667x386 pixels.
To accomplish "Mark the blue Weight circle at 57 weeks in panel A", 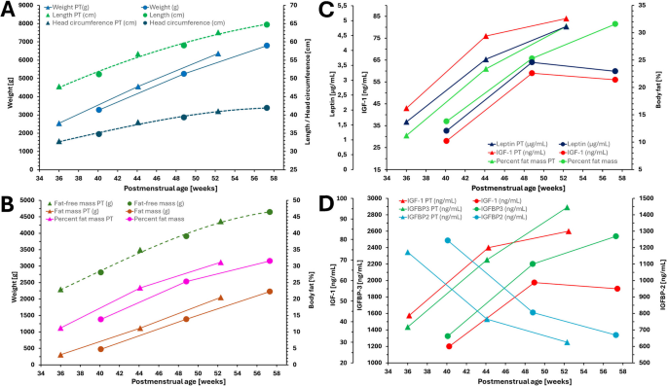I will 266,46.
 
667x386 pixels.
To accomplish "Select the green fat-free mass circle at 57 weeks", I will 270,212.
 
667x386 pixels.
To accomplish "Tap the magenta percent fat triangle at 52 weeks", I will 220,263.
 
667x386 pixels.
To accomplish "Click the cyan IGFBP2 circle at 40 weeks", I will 447,240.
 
